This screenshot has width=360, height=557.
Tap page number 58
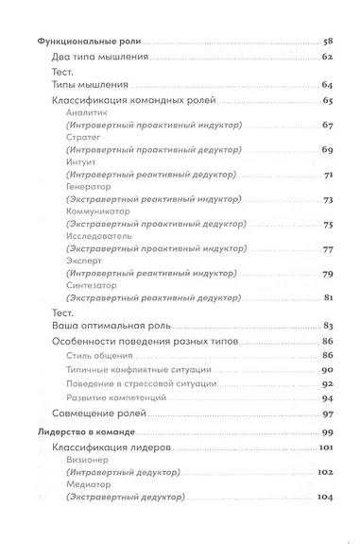coord(329,43)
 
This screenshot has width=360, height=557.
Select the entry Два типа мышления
coord(89,59)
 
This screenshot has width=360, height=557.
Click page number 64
coord(328,86)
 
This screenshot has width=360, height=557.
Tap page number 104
coord(327,498)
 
